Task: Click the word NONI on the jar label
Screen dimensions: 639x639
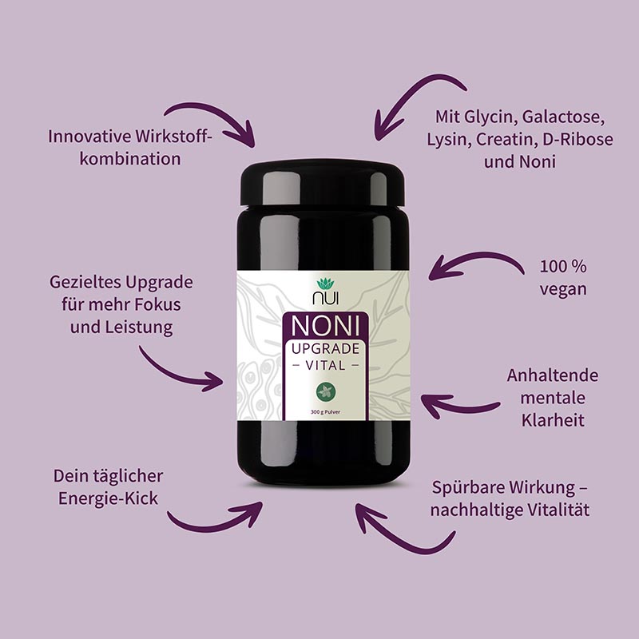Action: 326,326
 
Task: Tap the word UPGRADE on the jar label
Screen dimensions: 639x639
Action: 326,349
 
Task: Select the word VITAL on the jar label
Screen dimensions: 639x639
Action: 326,366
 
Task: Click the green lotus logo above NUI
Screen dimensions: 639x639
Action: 325,284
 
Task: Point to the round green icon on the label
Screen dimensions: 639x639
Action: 326,391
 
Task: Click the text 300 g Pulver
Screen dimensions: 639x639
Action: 325,412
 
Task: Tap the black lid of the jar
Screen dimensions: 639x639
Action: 323,183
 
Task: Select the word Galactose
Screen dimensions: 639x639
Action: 563,117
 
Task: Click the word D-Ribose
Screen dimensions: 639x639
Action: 577,139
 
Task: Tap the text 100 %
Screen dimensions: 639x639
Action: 563,267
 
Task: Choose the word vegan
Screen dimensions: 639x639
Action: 563,290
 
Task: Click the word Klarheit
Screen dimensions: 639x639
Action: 553,420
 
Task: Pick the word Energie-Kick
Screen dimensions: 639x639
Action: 108,498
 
